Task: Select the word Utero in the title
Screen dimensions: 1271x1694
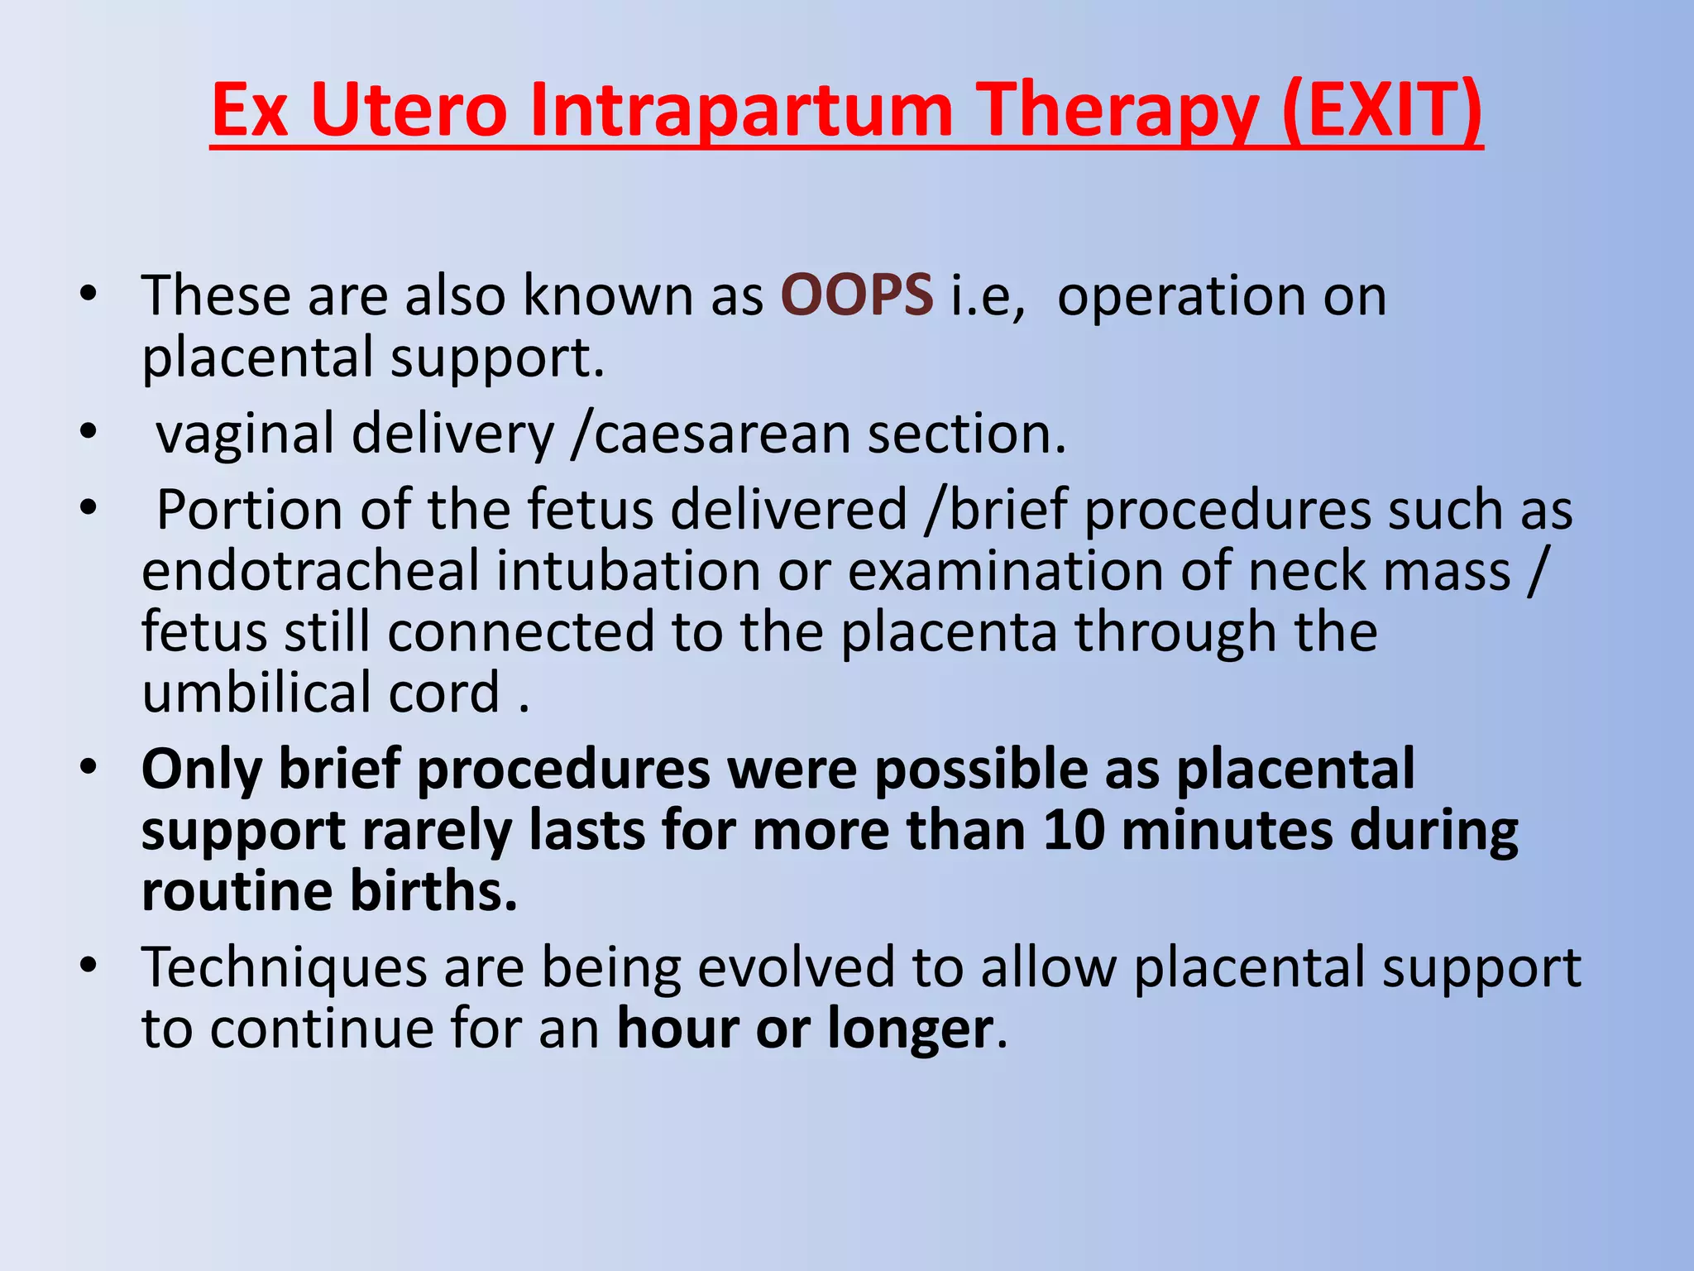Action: point(408,111)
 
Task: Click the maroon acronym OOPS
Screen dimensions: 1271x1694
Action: point(857,295)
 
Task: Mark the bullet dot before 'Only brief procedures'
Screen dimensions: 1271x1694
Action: point(89,767)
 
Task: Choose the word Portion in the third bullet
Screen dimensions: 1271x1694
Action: point(249,510)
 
